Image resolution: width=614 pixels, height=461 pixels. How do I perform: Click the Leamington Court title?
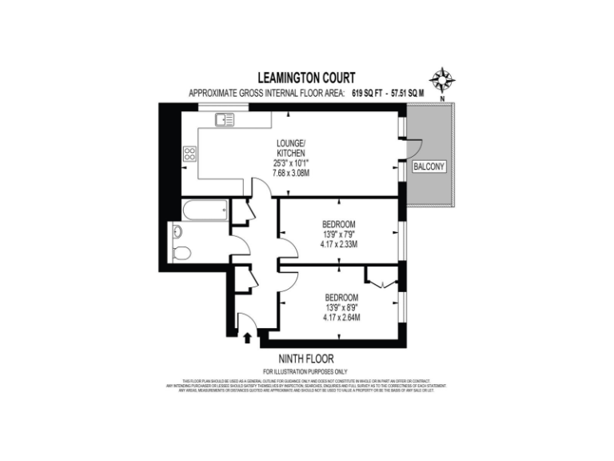[x=306, y=78]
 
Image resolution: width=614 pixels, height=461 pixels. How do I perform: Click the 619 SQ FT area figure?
[x=365, y=94]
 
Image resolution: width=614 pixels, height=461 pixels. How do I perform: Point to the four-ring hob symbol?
[x=191, y=154]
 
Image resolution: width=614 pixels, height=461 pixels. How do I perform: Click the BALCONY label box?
[x=430, y=166]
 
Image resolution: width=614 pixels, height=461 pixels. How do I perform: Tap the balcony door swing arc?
[x=414, y=148]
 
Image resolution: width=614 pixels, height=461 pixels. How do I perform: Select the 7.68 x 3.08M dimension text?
[x=291, y=172]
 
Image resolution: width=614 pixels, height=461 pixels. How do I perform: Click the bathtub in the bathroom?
[x=205, y=212]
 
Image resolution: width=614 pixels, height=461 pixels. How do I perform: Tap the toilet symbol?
[x=180, y=254]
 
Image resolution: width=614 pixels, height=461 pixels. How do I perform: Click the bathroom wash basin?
[x=177, y=232]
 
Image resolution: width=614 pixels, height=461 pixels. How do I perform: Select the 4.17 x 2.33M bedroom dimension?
[x=339, y=244]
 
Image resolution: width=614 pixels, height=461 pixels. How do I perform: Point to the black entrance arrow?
[x=247, y=338]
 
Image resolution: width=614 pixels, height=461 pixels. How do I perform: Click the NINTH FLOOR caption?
[x=306, y=359]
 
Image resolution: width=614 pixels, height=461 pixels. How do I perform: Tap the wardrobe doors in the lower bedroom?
[x=378, y=279]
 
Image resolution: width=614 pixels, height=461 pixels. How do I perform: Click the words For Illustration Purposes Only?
[x=306, y=371]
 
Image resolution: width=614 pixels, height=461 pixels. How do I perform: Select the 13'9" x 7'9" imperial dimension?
[x=339, y=234]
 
